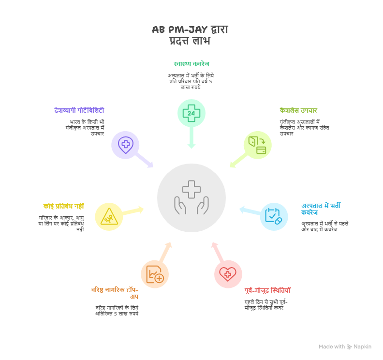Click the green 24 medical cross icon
pyautogui.click(x=191, y=113)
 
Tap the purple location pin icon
pyautogui.click(x=125, y=145)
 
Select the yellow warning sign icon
pyautogui.click(x=109, y=217)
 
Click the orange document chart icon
pyautogui.click(x=155, y=274)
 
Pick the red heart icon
pyautogui.click(x=228, y=274)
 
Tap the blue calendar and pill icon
pyautogui.click(x=274, y=216)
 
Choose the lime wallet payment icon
pyautogui.click(x=257, y=145)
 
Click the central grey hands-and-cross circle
pyautogui.click(x=191, y=197)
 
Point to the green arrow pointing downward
pyautogui.click(x=191, y=138)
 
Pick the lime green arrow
pyautogui.click(x=237, y=160)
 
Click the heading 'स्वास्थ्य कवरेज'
pyautogui.click(x=191, y=64)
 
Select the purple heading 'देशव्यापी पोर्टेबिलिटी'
pyautogui.click(x=79, y=110)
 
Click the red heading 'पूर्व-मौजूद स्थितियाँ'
pyautogui.click(x=267, y=290)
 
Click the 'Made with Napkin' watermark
pyautogui.click(x=345, y=346)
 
